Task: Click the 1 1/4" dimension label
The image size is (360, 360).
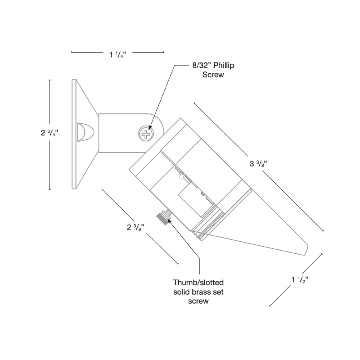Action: [x=117, y=54]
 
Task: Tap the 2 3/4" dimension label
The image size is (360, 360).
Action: [x=49, y=133]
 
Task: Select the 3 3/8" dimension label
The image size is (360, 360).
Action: [x=258, y=163]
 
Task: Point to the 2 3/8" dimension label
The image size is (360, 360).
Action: [x=135, y=227]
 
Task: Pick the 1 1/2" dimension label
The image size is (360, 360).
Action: [x=300, y=279]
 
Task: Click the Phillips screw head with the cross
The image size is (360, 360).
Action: [x=146, y=134]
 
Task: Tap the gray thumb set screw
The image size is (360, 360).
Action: [x=163, y=218]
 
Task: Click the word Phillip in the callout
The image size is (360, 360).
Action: [x=224, y=65]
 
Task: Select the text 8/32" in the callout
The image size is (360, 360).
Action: [x=202, y=65]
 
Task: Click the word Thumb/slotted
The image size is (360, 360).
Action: [x=198, y=283]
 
